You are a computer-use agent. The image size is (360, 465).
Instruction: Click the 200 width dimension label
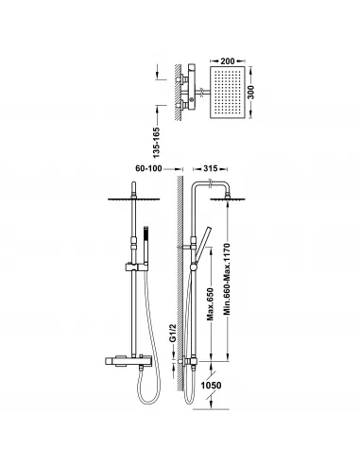point(228,60)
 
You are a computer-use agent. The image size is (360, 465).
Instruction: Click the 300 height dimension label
point(250,92)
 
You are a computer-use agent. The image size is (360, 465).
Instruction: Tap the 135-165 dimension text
point(156,143)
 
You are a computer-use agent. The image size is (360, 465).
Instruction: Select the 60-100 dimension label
point(148,168)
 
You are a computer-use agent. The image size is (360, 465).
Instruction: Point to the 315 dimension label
point(210,168)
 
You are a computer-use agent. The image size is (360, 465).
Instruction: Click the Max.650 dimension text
point(211,304)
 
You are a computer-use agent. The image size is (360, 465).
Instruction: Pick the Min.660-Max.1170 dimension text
point(228,279)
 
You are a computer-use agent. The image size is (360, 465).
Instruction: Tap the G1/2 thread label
point(172,333)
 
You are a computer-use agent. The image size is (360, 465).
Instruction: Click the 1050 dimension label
point(211,386)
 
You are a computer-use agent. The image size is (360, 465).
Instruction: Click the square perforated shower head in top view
point(228,93)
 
